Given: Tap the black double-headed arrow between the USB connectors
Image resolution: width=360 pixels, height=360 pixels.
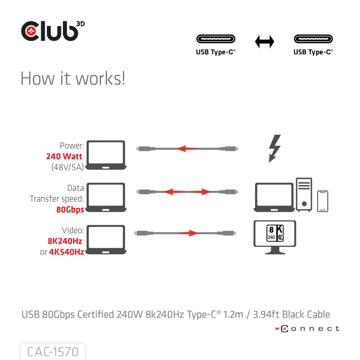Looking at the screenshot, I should (264, 42).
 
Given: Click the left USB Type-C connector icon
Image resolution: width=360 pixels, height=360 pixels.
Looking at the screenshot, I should (216, 39).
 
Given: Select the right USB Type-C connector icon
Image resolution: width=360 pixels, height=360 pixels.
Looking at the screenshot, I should (313, 39).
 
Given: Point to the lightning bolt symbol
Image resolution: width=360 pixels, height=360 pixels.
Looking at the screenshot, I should (275, 148).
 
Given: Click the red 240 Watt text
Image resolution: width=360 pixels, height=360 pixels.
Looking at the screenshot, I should (64, 156).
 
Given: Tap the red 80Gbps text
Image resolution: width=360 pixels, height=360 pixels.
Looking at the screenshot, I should (70, 210).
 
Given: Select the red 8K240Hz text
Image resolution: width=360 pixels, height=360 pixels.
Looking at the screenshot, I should (65, 241).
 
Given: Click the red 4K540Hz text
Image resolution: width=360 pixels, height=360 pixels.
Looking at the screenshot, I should (66, 252).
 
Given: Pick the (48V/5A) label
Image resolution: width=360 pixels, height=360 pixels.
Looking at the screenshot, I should (67, 167).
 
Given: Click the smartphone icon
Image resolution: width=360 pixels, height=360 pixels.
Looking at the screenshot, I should (322, 201).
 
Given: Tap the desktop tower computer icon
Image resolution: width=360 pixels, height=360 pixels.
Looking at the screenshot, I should (304, 194).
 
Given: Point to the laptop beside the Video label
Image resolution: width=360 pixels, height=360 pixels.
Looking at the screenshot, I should (106, 240).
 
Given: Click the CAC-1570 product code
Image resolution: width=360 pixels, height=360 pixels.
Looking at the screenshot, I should (53, 352).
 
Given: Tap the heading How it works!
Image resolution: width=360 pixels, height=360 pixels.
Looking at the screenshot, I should (73, 78).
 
